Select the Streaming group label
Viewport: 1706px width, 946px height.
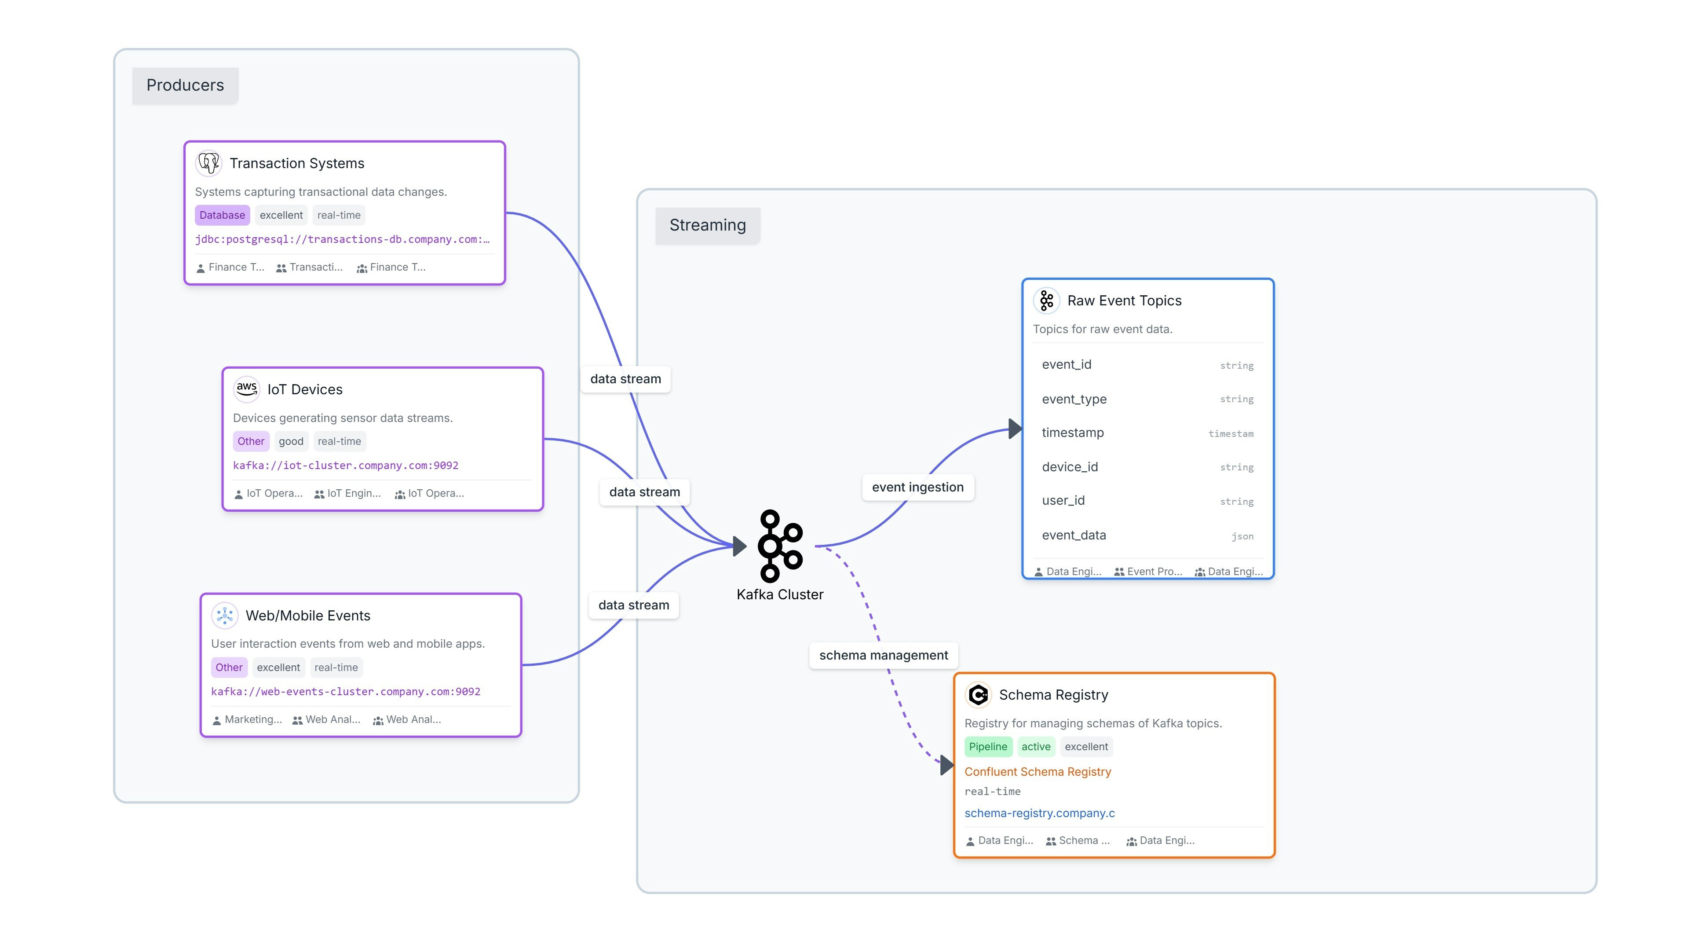tap(707, 225)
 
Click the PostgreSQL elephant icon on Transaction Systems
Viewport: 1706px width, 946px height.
tap(208, 163)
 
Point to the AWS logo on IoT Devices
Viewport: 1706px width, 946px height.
tap(246, 389)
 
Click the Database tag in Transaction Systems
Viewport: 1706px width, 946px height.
tap(222, 215)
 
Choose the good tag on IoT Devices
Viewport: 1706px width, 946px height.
tap(291, 441)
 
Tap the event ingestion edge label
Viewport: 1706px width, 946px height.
tap(917, 488)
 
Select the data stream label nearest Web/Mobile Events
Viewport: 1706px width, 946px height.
tap(633, 605)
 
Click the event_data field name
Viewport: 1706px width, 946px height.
tap(1074, 535)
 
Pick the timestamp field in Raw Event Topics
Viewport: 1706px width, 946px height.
tap(1072, 433)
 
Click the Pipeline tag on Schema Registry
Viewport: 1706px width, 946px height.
tap(987, 747)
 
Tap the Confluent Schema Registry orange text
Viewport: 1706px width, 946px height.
tap(1037, 772)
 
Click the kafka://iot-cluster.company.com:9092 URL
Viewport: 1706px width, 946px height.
tap(345, 465)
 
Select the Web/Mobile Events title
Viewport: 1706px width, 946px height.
tap(308, 616)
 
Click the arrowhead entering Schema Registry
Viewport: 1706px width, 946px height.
tap(947, 765)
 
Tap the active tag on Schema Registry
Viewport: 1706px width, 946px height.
tap(1035, 747)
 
